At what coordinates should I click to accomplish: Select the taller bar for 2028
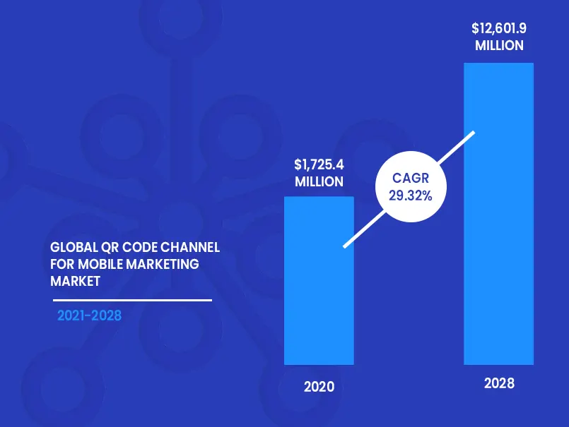point(498,212)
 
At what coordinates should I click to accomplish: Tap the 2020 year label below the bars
point(319,387)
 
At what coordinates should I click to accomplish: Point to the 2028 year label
point(499,384)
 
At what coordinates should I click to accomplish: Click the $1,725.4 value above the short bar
point(319,165)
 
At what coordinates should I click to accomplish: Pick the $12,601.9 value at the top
point(499,29)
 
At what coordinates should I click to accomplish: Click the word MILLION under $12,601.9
point(499,46)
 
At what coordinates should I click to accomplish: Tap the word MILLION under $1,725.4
point(319,182)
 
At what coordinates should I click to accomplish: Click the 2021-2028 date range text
point(90,315)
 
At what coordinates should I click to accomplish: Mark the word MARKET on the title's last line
point(75,281)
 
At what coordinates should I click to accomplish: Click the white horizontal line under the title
point(131,300)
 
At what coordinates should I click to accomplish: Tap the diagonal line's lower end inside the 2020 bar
point(346,245)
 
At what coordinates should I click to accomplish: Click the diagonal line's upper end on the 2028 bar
point(471,133)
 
